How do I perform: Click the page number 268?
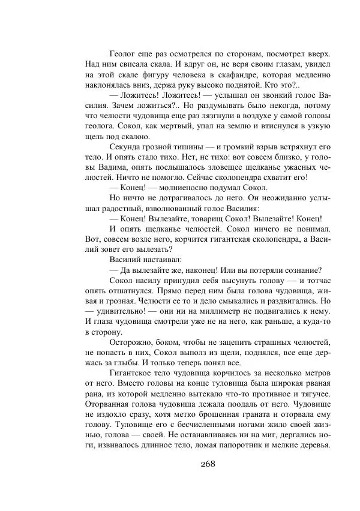pyautogui.click(x=206, y=463)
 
